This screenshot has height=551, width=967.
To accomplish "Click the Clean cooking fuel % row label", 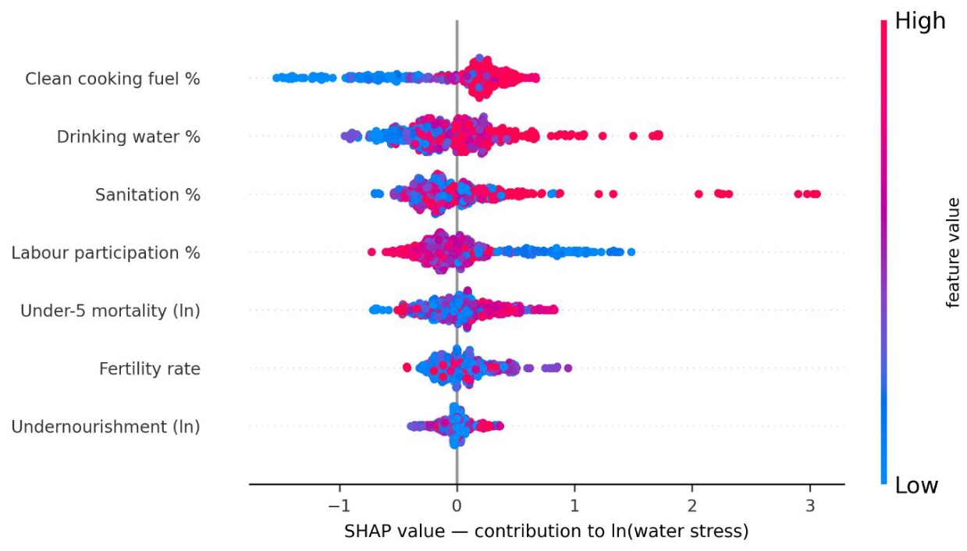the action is click(112, 79).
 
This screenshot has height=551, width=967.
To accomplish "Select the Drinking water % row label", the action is click(129, 137).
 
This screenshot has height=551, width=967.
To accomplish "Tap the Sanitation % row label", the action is click(148, 195).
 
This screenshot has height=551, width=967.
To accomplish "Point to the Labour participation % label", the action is click(106, 253).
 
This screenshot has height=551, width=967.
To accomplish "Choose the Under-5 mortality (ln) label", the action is click(111, 311).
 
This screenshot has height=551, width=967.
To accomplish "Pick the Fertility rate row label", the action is click(150, 369).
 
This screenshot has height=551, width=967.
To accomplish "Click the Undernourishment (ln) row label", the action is click(106, 427).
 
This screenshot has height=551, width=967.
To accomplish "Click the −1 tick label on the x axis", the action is click(340, 506).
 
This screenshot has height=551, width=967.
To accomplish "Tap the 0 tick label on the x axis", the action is click(457, 506).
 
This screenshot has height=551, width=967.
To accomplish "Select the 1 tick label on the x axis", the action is click(574, 506).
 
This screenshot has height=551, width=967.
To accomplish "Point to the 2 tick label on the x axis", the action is click(692, 506).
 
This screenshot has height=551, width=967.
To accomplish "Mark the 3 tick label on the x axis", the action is click(810, 506).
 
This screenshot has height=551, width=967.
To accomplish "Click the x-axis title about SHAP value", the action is click(546, 531).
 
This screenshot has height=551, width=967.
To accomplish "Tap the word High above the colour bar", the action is click(920, 21).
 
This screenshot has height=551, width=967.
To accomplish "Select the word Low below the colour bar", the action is click(916, 485).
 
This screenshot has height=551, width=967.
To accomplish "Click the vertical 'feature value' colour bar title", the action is click(952, 253).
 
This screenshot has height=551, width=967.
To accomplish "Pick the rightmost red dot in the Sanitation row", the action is click(816, 194).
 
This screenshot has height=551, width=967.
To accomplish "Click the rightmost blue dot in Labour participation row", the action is click(631, 252).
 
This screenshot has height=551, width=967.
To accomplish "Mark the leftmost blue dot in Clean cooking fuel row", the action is click(276, 78).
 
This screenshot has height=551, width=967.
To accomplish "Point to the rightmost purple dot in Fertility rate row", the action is click(568, 368).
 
